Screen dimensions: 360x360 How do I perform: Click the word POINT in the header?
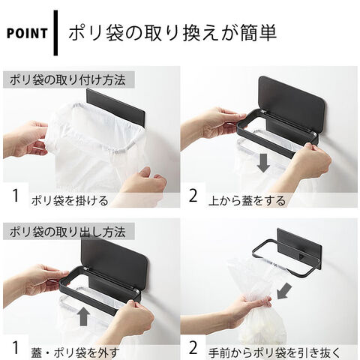coord(27,33)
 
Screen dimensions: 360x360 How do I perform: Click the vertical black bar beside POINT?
coord(55,33)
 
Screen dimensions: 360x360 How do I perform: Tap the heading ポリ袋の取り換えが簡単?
coord(172,33)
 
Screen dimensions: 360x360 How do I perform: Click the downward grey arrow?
coord(263,163)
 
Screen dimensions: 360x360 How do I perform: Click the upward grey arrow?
coord(83,316)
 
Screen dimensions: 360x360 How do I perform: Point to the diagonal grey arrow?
coord(284,291)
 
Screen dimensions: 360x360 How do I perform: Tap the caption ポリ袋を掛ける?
coord(70,201)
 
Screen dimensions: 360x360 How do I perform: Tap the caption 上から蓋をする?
coord(247,201)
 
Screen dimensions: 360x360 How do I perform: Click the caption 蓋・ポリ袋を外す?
coord(75,352)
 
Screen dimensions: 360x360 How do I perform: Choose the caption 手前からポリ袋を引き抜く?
coord(274,352)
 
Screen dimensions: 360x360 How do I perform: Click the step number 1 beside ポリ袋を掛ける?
coord(16,196)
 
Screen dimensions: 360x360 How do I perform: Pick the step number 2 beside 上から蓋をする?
coord(193,196)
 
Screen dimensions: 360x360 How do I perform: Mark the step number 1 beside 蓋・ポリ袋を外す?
coord(16,348)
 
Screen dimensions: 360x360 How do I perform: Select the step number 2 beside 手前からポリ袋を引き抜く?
coord(193,348)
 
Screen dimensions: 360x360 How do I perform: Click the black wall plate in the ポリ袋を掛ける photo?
coord(115,107)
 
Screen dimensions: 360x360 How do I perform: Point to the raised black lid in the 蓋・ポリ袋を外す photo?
coord(115,264)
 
